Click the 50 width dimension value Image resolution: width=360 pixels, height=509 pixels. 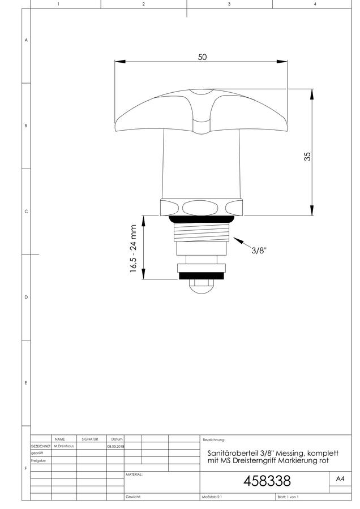[x=202, y=57]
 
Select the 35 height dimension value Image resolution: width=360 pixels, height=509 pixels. [x=307, y=157]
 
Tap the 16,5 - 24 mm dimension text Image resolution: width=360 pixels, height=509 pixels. [x=133, y=248]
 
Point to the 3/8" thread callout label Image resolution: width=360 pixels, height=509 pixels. [x=259, y=251]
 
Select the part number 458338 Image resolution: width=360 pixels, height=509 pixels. [x=267, y=481]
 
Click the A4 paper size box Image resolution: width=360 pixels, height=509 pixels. [x=340, y=479]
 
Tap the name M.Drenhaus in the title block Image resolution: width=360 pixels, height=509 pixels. [x=64, y=446]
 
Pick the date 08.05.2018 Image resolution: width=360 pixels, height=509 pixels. [x=115, y=446]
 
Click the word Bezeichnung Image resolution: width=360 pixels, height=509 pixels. [x=214, y=440]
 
